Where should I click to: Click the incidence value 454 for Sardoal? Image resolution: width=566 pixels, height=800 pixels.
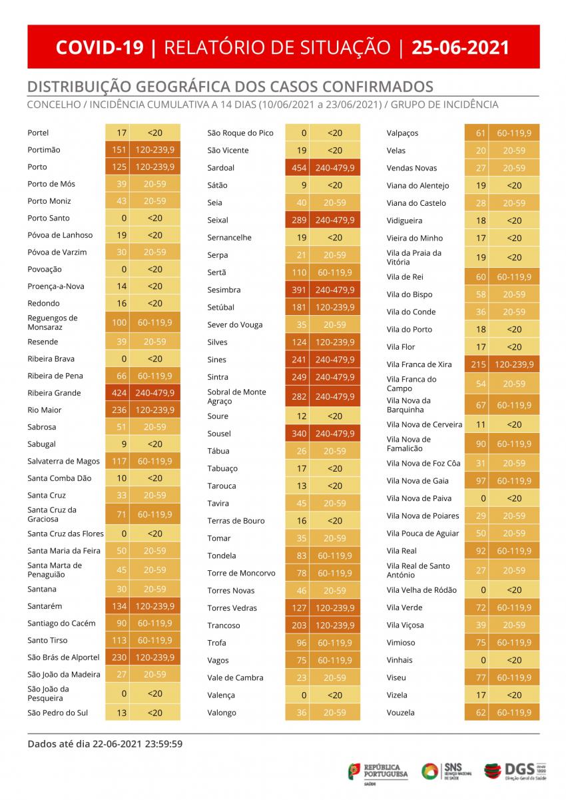(x=299, y=168)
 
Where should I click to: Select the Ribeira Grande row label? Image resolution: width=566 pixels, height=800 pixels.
(x=55, y=393)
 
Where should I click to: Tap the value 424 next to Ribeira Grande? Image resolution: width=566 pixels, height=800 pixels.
(x=119, y=393)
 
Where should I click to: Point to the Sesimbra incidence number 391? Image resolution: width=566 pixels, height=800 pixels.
(x=299, y=290)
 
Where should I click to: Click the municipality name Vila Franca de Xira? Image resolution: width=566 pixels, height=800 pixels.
(x=419, y=364)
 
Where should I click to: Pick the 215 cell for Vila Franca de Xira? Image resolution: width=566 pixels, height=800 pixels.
(x=478, y=364)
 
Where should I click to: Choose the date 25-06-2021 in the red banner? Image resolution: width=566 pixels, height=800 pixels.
(x=460, y=47)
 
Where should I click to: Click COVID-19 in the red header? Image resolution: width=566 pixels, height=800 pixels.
(x=100, y=47)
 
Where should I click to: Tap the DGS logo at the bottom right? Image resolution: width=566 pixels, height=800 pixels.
(x=515, y=771)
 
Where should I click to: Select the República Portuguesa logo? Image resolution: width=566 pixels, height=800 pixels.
(x=378, y=772)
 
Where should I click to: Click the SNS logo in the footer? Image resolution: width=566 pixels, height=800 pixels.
(x=446, y=771)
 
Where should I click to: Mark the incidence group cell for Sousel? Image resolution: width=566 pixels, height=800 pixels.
(x=334, y=434)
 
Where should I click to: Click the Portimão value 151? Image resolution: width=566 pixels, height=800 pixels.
(x=119, y=150)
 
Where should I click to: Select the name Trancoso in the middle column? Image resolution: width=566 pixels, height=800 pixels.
(x=224, y=625)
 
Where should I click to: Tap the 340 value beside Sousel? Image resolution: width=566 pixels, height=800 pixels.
(x=299, y=434)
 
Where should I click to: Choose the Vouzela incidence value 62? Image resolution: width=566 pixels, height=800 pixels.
(x=481, y=713)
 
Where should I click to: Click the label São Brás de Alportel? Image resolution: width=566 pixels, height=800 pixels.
(x=63, y=657)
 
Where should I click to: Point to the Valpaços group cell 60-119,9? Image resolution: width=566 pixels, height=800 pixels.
(x=514, y=133)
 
